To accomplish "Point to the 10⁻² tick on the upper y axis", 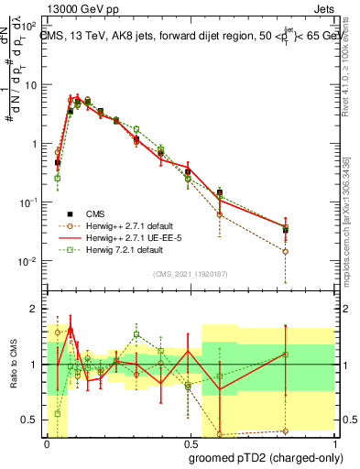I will coord(30,261).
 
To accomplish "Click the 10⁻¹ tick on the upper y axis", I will coord(30,202).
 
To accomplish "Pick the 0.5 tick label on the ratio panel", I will coord(30,420).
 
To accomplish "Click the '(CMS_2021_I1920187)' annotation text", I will coord(190,274).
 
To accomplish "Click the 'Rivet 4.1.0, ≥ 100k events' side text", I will coord(345,69).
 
